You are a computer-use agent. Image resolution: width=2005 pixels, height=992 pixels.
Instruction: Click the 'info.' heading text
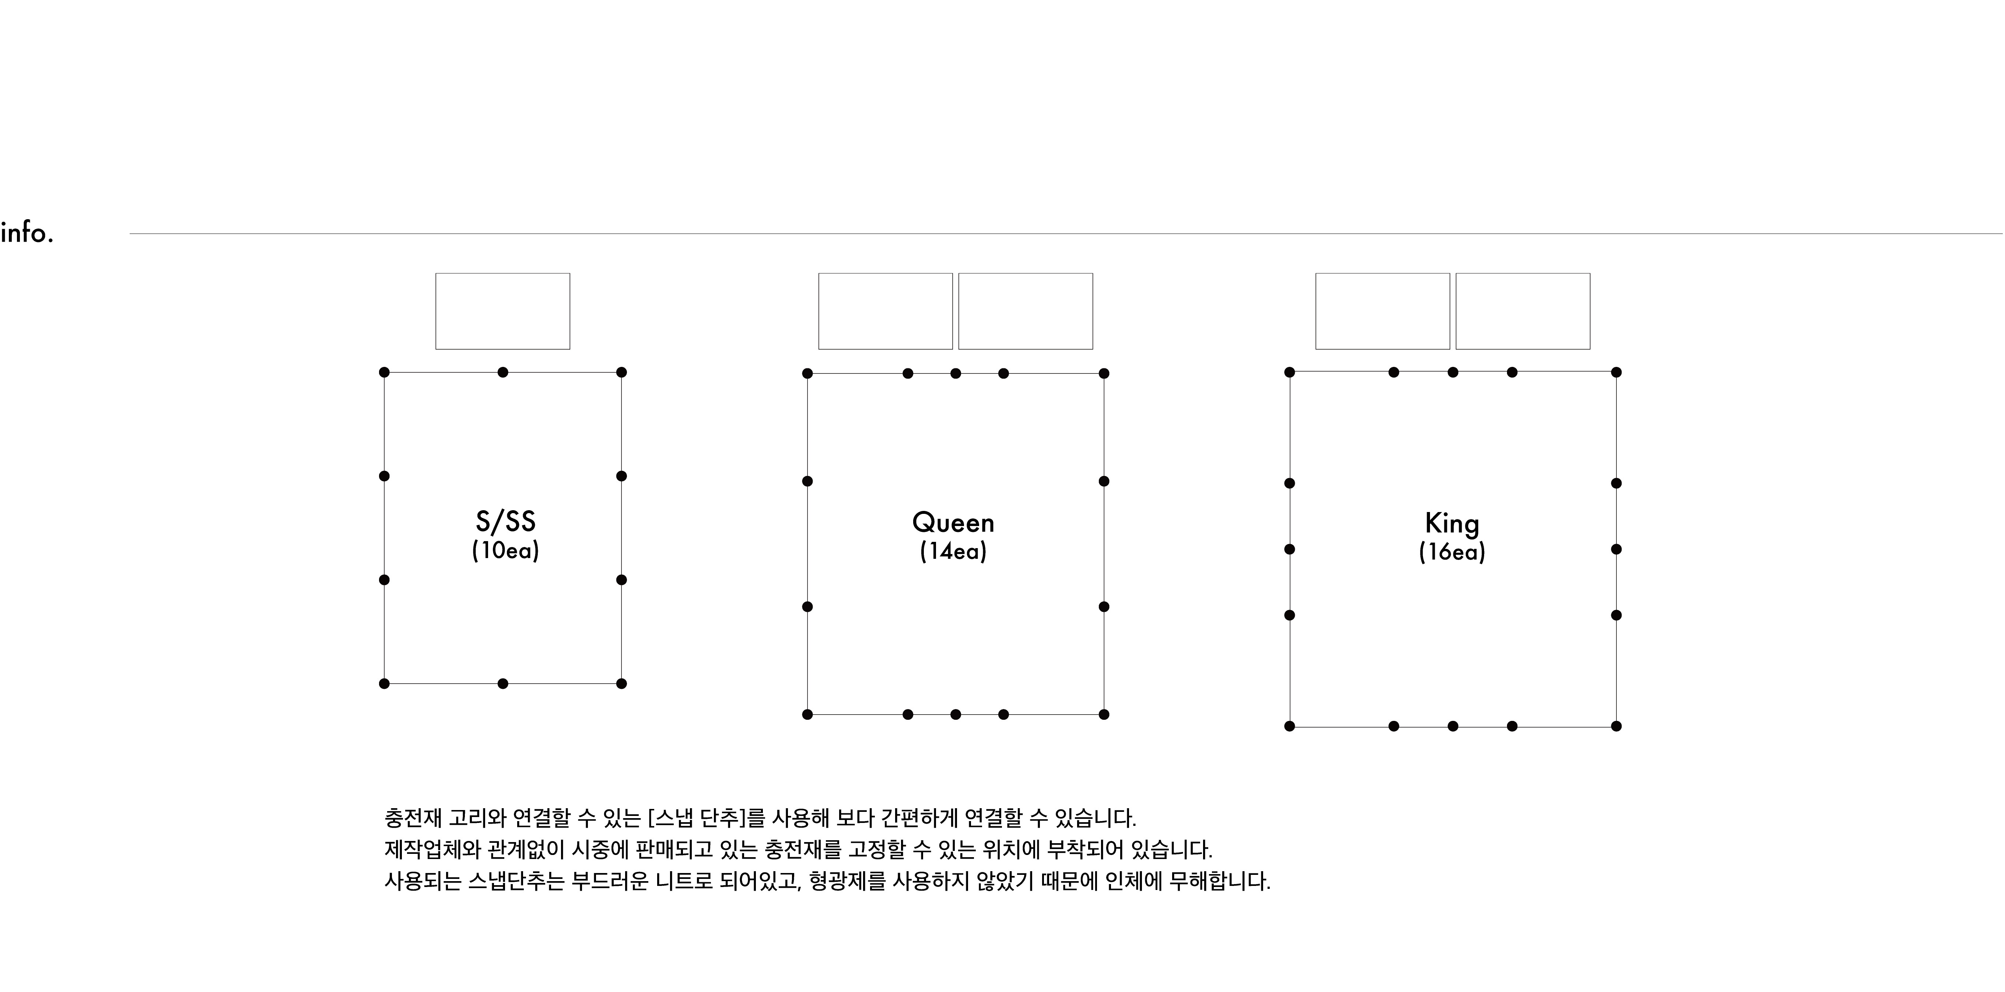27,233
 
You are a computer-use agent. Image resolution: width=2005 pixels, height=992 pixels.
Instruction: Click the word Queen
953,522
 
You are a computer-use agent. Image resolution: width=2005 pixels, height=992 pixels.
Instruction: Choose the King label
1452,523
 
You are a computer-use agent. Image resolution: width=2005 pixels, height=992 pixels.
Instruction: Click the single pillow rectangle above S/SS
503,311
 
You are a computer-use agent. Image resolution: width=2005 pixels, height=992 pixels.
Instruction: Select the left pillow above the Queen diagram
886,311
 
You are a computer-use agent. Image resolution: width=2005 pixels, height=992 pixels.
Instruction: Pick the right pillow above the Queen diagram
1026,311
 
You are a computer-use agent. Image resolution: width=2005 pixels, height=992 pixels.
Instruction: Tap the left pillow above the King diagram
1383,311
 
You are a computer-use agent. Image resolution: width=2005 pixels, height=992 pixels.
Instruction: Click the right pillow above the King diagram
1523,311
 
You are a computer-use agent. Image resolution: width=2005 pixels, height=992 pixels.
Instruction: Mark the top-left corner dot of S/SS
385,372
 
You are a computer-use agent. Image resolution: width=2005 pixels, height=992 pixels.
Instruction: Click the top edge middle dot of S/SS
503,372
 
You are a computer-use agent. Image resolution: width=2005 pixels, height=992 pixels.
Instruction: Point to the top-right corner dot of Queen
1104,374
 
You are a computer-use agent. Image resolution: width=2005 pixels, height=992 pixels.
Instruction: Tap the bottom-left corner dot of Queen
807,714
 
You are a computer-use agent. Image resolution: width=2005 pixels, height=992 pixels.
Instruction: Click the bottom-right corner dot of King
1617,726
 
